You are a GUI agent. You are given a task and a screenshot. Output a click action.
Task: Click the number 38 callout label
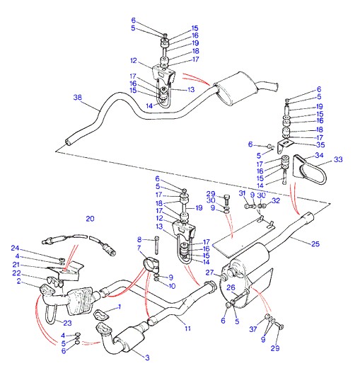[x=78, y=98]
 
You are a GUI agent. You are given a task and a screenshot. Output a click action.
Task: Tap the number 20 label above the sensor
[x=90, y=219]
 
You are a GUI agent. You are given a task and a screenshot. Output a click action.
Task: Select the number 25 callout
[x=315, y=244]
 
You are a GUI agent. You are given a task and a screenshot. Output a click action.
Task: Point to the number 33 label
[x=338, y=159]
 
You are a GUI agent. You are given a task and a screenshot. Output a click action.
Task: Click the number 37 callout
[x=253, y=329]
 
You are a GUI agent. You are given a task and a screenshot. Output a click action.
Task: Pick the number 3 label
[x=147, y=357]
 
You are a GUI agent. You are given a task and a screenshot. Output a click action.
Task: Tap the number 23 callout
[x=67, y=323]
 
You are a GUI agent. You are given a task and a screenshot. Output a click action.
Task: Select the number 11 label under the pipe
[x=187, y=328]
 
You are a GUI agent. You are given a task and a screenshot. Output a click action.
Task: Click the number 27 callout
[x=209, y=273]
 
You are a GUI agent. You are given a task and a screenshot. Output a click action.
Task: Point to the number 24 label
[x=15, y=248]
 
